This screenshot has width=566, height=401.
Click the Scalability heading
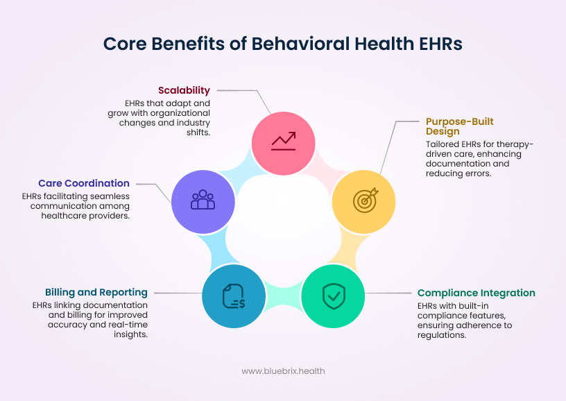point(184,90)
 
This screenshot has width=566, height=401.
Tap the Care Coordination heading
point(84,183)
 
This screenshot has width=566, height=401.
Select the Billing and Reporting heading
point(96,292)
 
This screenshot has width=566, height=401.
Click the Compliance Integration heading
point(476,293)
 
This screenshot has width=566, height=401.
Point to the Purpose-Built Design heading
point(459,126)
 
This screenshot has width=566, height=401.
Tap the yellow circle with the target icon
point(365,200)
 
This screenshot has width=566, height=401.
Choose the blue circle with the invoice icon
point(234,296)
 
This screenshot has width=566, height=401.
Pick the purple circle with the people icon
point(203,200)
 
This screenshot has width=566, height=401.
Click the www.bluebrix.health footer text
point(283,371)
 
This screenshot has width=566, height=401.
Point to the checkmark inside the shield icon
point(333,296)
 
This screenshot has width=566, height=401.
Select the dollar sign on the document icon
point(240,302)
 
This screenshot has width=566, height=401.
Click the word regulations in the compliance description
point(440,334)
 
